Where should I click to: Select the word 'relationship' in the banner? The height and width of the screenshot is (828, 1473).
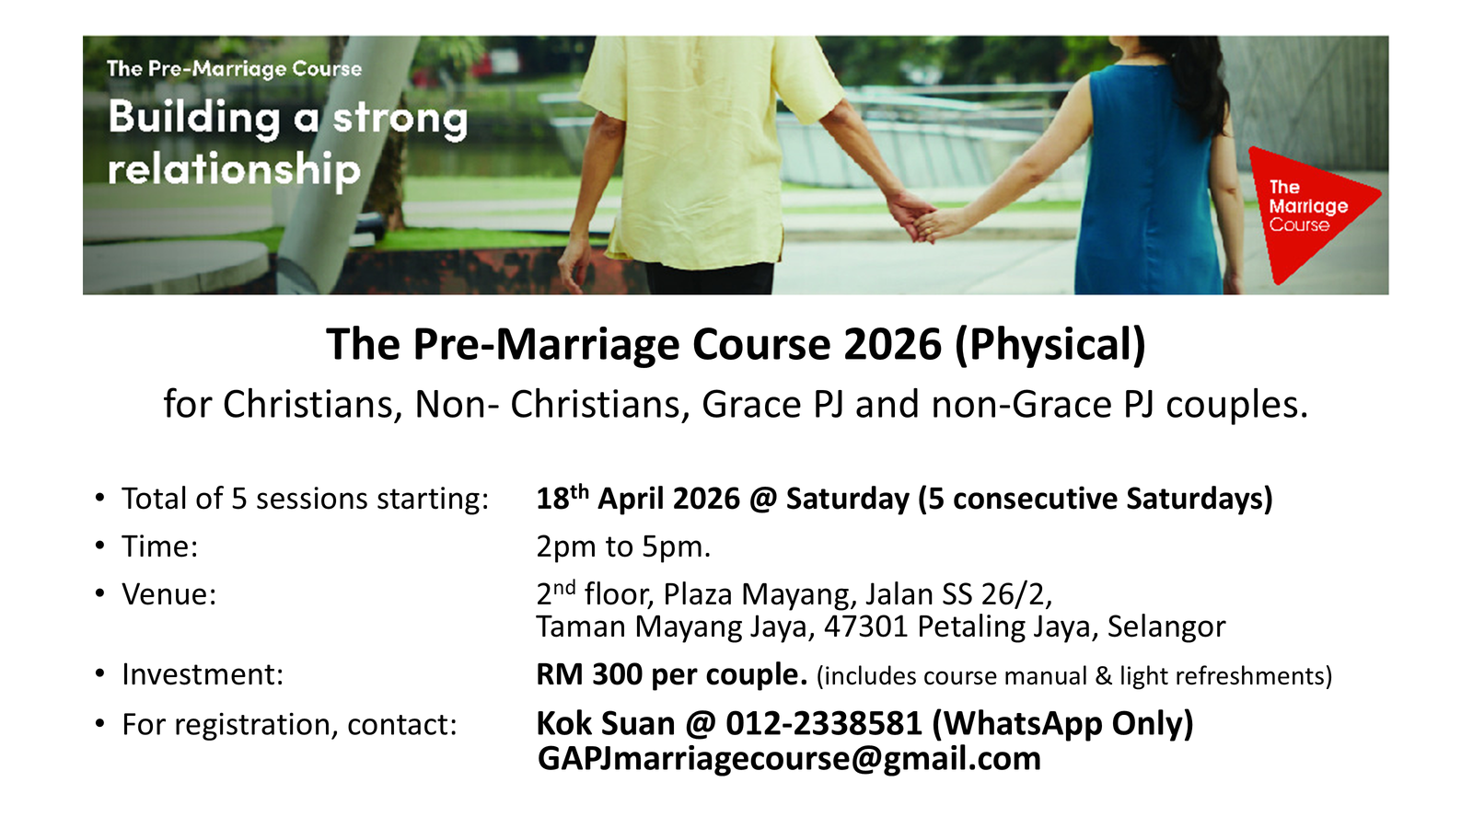(234, 169)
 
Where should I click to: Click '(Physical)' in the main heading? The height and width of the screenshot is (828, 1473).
(1050, 344)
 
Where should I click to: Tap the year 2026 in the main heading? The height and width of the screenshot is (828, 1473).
(892, 344)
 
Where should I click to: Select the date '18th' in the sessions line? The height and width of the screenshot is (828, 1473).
(563, 498)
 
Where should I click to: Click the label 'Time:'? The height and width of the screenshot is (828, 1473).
(160, 546)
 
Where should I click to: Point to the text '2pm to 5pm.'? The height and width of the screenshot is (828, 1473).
(623, 546)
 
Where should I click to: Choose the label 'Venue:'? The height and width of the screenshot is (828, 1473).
(169, 594)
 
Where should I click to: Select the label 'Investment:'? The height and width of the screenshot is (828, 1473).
(203, 675)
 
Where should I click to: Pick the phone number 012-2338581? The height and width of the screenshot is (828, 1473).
(823, 723)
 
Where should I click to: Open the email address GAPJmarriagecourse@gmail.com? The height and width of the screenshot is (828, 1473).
(789, 759)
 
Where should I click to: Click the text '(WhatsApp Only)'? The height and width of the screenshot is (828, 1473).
(1062, 723)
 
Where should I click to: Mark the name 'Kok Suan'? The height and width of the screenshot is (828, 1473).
(606, 723)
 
